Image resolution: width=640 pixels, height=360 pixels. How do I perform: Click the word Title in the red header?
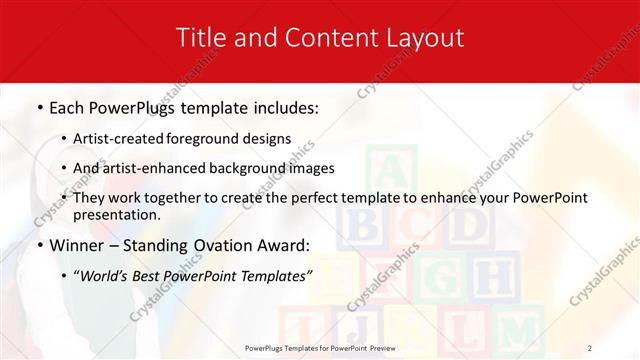pyautogui.click(x=199, y=38)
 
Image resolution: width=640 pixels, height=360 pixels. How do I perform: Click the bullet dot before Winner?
pyautogui.click(x=39, y=245)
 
